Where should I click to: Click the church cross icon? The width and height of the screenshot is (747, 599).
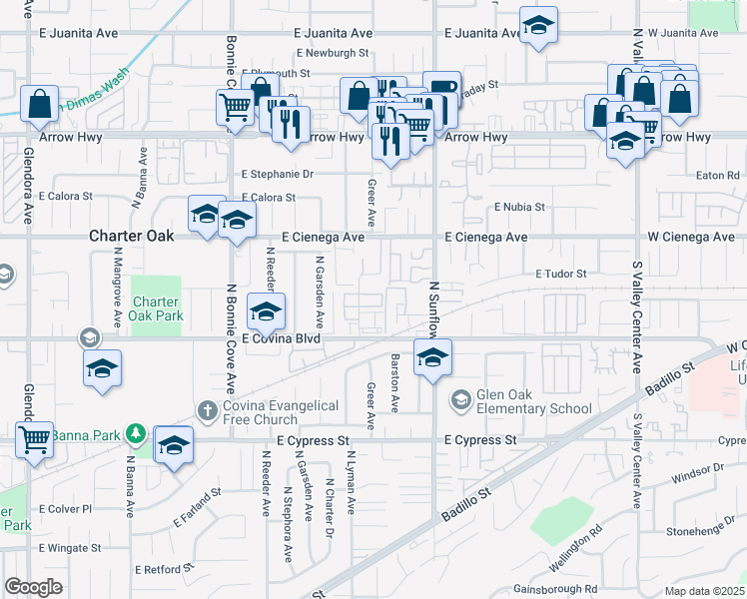point(207,409)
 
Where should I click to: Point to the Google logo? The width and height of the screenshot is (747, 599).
point(34,587)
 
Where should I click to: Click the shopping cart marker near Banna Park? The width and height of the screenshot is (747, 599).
point(35,438)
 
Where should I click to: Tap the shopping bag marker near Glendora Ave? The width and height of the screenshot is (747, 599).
point(39,104)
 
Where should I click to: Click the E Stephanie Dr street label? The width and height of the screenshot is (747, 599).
point(278,174)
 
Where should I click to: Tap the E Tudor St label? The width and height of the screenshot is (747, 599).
point(560,273)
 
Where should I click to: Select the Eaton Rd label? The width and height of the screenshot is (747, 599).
point(717,175)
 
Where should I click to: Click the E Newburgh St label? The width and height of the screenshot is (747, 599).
point(333,53)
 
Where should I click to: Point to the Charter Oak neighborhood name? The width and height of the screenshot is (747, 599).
point(131,237)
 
